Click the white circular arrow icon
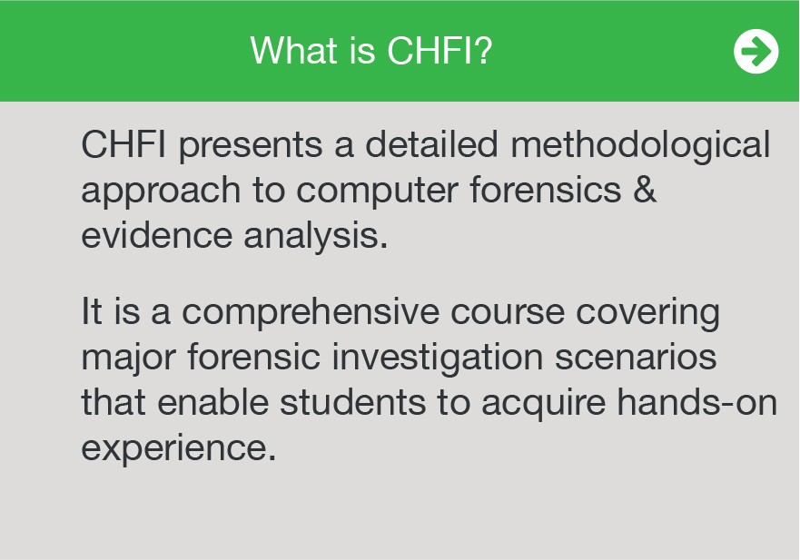point(756,51)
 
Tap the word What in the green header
point(294,51)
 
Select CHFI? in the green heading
point(440,51)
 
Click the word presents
point(251,146)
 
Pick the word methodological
point(640,146)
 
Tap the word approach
point(161,192)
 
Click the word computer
point(377,192)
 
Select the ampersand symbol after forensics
point(645,189)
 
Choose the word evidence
point(157,235)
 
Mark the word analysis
point(316,237)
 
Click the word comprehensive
point(311,312)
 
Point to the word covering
point(648,312)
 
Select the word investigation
point(438,358)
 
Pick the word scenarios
point(636,357)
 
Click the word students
point(352,401)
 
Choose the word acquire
point(543,403)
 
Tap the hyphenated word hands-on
point(697,401)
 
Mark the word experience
point(179,448)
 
